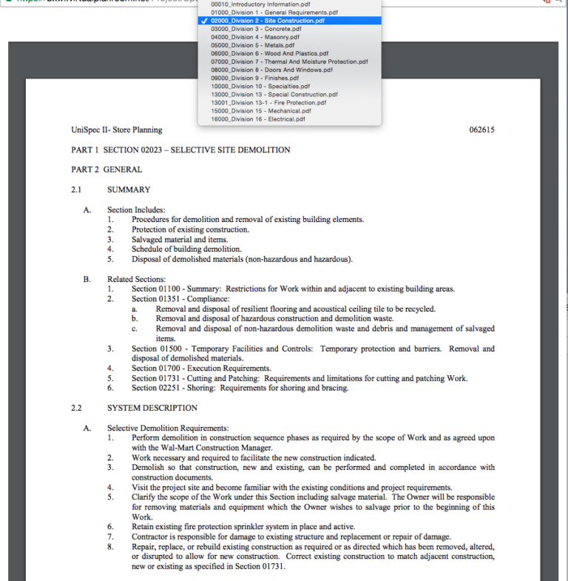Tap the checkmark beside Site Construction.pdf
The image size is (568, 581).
[204, 21]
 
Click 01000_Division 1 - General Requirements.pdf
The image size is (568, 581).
[274, 13]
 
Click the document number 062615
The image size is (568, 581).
[481, 130]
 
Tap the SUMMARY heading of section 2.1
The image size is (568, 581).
[129, 189]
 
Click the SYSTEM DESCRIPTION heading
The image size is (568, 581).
[152, 408]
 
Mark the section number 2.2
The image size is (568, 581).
[77, 408]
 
